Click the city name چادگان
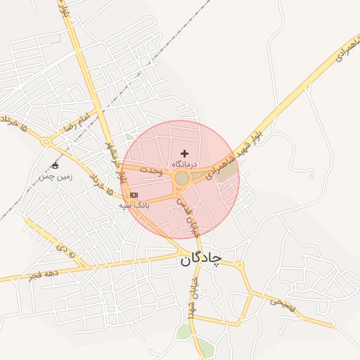click(x=200, y=259)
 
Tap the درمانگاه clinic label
click(x=184, y=163)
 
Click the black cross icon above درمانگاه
click(x=185, y=153)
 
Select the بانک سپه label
click(x=133, y=205)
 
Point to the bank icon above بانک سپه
click(x=134, y=195)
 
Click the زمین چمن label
click(x=56, y=177)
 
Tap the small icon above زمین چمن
click(x=55, y=166)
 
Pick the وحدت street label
click(x=152, y=171)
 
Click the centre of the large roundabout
click(x=182, y=179)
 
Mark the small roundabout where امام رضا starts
click(x=47, y=141)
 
